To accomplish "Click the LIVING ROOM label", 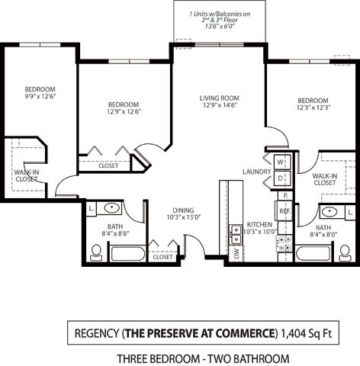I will (220, 98).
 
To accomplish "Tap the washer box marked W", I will (280, 162).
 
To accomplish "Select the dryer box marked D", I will (280, 178).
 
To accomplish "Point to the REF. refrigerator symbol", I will (284, 211).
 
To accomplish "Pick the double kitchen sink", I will (236, 235).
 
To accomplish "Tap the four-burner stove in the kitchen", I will (284, 243).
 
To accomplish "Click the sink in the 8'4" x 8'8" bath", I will (112, 207).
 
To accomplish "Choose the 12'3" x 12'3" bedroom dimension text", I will (312, 109).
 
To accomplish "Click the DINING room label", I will (182, 210).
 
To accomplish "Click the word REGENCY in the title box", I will (97, 333).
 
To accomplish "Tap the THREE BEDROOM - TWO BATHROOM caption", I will (202, 358).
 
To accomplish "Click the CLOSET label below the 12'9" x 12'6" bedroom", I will (108, 165).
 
